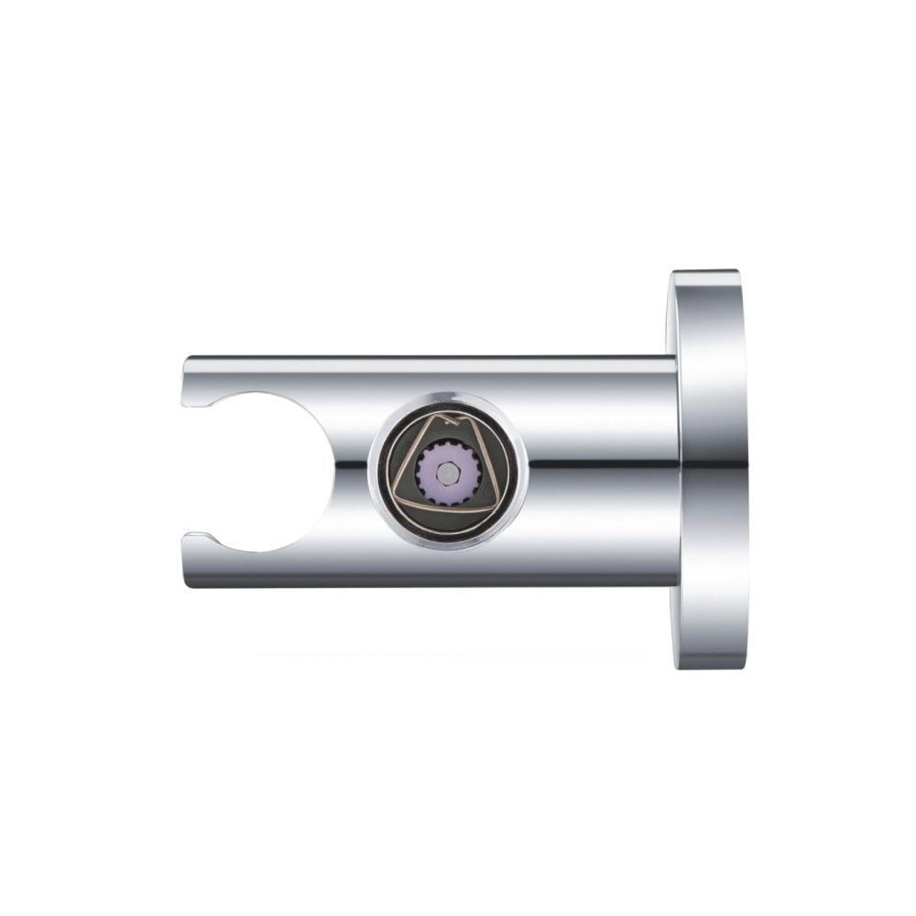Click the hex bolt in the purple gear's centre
(446, 472)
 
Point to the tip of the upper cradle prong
(194, 403)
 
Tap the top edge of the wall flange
(705, 272)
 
